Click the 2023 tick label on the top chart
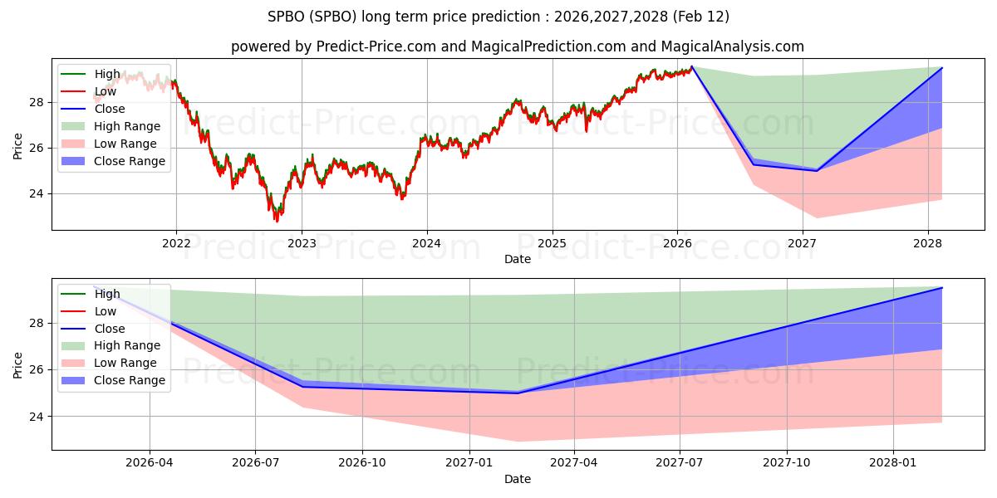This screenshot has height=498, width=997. (x=301, y=243)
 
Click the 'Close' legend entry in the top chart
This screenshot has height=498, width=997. (x=110, y=109)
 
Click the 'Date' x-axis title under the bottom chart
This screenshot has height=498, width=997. (x=517, y=479)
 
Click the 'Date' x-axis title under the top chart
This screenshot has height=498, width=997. (x=517, y=259)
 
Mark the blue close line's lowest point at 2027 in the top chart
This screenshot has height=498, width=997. (x=817, y=171)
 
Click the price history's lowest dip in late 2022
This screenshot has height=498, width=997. (x=277, y=220)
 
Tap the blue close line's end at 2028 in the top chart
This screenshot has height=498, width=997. (x=941, y=68)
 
